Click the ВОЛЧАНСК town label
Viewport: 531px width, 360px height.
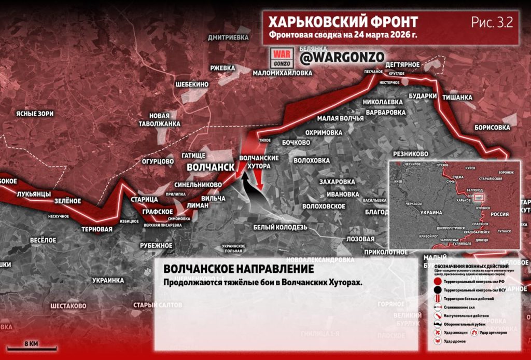point(209,168)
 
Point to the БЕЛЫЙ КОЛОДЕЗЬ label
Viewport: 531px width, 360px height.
point(281,227)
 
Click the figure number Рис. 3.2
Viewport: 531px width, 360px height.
point(492,22)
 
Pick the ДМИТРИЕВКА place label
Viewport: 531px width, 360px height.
point(228,38)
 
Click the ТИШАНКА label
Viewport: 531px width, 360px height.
point(457,97)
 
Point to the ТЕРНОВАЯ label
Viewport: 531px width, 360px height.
point(97,229)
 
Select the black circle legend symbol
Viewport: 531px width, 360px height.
point(438,290)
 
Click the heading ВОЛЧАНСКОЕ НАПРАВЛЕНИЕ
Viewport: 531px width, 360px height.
point(239,270)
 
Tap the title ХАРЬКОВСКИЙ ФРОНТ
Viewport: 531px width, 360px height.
point(343,22)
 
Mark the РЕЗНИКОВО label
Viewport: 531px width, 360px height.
point(411,154)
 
